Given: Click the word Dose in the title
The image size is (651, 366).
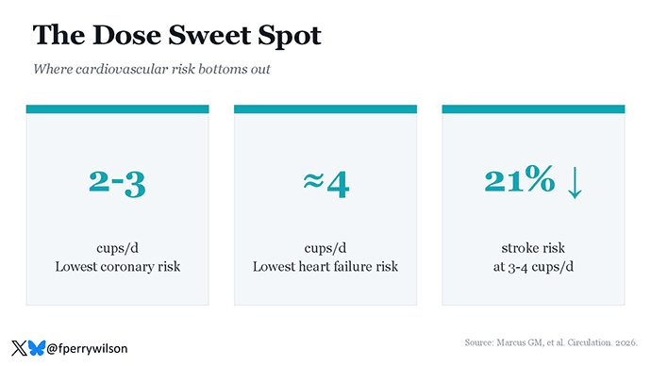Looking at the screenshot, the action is pos(126,35).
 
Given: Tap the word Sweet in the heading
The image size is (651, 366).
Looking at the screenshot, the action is pos(209,35).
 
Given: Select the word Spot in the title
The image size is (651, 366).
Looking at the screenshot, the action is pos(290,36).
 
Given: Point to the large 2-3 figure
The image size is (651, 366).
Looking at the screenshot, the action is pos(117,183).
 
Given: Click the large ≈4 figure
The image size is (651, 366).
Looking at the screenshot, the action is pos(325,184).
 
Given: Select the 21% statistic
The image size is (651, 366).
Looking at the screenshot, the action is pos(520,179).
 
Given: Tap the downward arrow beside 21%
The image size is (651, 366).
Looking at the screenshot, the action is pos(575,183).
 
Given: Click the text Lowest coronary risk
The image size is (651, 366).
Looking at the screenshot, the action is pos(118,266).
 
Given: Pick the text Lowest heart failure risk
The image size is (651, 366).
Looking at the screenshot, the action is pos(325,266).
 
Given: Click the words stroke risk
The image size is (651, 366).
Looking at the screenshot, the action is pos(533,248).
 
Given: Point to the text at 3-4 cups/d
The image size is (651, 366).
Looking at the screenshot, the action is pos(533,266).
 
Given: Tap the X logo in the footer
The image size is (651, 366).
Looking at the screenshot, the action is pos(19,348).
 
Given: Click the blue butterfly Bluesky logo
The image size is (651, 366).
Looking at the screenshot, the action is pos(37,348).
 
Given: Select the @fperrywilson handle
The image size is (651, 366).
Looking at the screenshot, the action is pos(87,349).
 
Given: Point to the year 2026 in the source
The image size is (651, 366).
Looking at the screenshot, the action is pos(626,342).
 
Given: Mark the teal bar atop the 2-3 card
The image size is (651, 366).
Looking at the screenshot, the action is pos(118,109).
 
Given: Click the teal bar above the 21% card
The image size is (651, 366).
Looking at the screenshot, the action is pos(533,109).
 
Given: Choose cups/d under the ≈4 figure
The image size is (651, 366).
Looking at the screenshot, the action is pos(325,248).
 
